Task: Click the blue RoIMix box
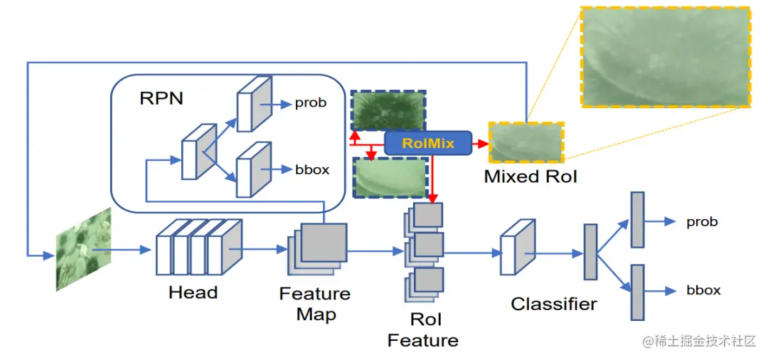pyautogui.click(x=427, y=143)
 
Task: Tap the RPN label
pyautogui.click(x=161, y=98)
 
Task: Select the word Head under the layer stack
pyautogui.click(x=193, y=292)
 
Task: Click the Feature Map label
pyautogui.click(x=315, y=303)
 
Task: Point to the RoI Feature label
pyautogui.click(x=422, y=329)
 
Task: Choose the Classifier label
pyautogui.click(x=554, y=304)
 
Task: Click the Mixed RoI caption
pyautogui.click(x=530, y=176)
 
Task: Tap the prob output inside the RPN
pyautogui.click(x=311, y=103)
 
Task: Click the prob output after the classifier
pyautogui.click(x=702, y=222)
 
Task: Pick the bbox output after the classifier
pyautogui.click(x=704, y=290)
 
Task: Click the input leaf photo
pyautogui.click(x=84, y=249)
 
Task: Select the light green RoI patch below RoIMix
pyautogui.click(x=390, y=177)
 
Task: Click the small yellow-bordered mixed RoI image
pyautogui.click(x=526, y=142)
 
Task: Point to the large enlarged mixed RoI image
pyautogui.click(x=665, y=57)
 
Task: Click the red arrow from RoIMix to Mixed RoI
pyautogui.click(x=481, y=143)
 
